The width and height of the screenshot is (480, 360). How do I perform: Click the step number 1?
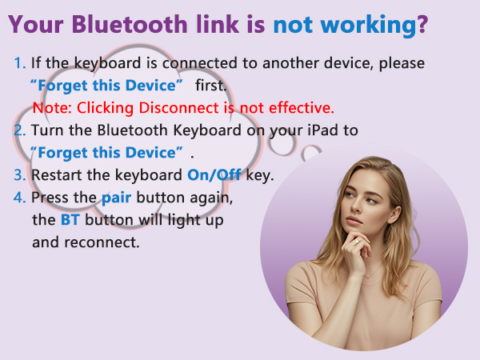pos(19,62)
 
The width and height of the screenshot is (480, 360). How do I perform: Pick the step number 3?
pos(19,175)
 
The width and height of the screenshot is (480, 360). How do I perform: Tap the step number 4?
pos(19,197)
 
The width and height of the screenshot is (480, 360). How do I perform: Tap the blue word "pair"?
pos(115,197)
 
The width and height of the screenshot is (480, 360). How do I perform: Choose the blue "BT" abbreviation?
pos(69,219)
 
